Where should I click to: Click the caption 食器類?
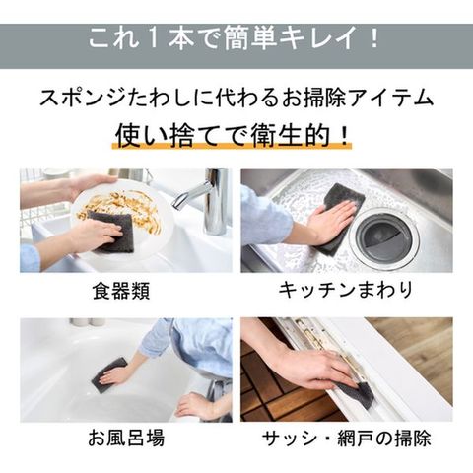click(121, 291)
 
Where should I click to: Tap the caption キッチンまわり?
click(346, 290)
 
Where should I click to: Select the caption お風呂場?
click(126, 438)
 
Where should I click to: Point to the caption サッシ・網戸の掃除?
click(347, 438)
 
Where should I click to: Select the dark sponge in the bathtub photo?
click(109, 375)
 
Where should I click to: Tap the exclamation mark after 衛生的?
click(344, 135)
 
